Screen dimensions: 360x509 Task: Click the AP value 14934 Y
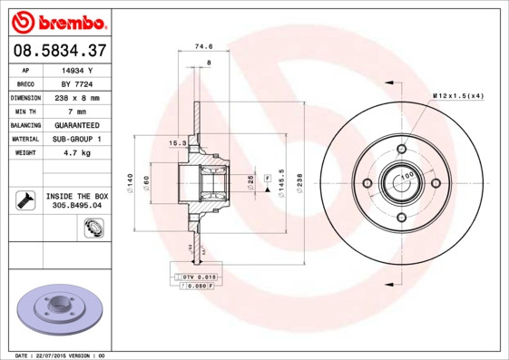[78, 69]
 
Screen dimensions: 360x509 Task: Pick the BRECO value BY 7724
[78, 83]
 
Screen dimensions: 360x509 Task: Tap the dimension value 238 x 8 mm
[78, 97]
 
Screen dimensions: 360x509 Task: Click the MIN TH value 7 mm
[78, 111]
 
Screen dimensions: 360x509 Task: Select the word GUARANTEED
[78, 124]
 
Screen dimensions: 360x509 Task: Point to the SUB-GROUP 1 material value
[78, 139]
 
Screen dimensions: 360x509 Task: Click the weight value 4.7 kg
[78, 152]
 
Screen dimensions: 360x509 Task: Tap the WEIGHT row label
[24, 152]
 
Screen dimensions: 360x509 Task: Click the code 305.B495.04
[78, 206]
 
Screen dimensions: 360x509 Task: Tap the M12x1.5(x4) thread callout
[458, 95]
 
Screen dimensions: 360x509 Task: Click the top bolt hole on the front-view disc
[401, 149]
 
